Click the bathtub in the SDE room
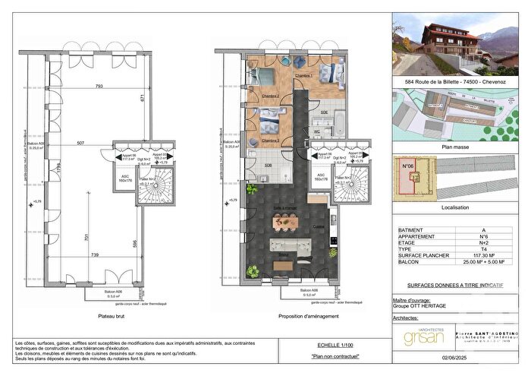(x=338, y=122)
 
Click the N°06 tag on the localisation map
(x=407, y=163)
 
